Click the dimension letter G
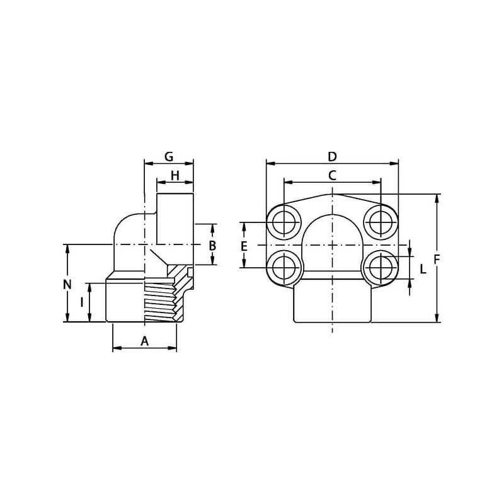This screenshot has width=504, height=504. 169,156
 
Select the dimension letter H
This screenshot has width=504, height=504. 175,176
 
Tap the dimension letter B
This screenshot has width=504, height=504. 212,246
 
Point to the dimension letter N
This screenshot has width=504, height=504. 67,285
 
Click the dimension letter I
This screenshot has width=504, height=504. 82,302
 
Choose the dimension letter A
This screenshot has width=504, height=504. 145,341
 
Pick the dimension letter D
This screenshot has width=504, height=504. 332,156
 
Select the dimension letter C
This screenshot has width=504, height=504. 332,176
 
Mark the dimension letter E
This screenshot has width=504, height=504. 244,246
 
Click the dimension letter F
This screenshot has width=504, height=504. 437,259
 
